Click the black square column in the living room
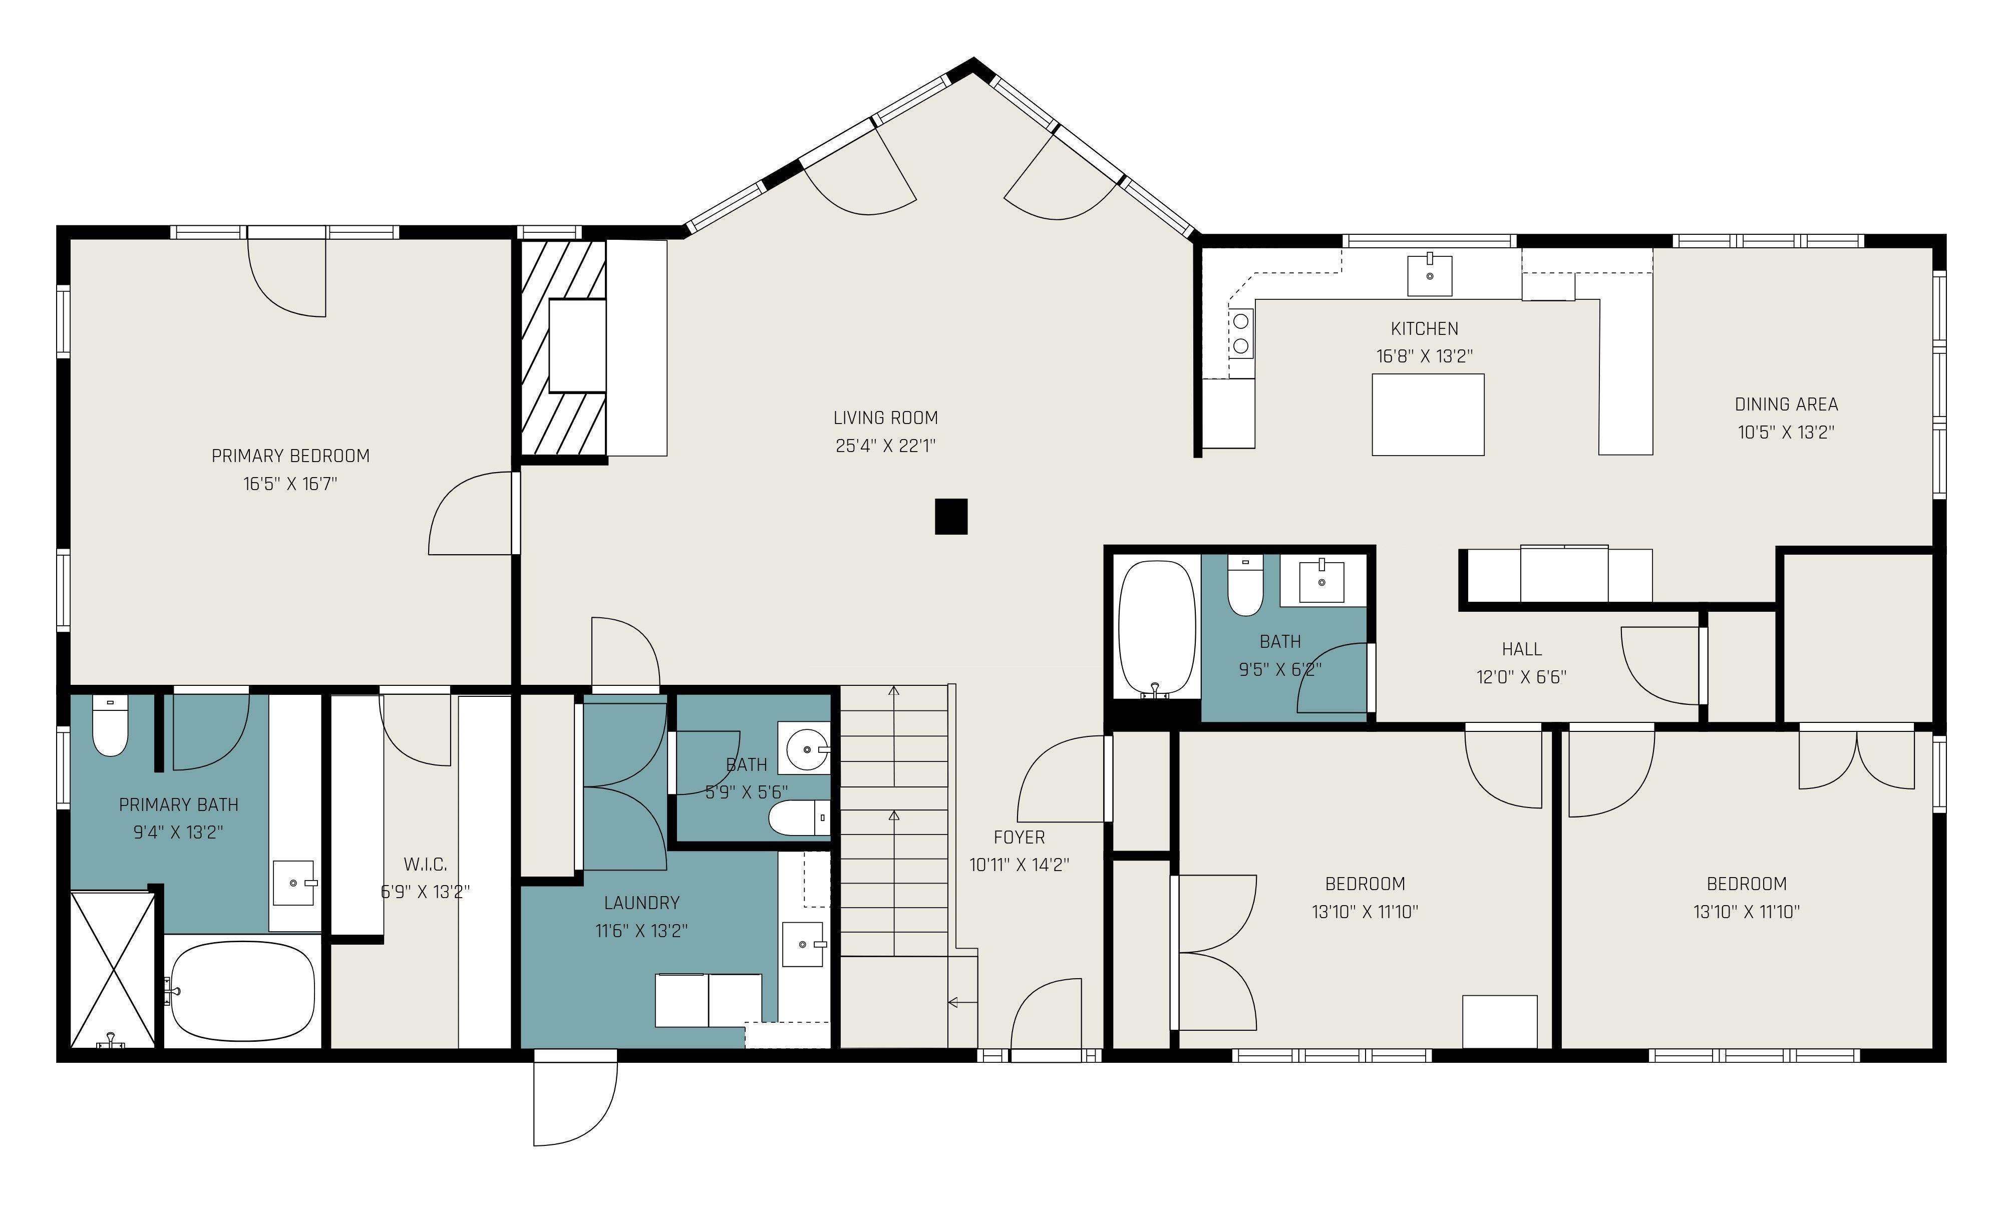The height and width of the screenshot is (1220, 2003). (x=950, y=517)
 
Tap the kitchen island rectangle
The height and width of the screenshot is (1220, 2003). (x=1428, y=415)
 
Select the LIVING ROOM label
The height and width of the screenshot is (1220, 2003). (x=885, y=418)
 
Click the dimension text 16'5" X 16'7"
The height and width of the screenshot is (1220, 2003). (x=290, y=484)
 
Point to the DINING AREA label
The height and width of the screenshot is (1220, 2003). (x=1786, y=404)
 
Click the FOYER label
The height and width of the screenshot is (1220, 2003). (x=1019, y=837)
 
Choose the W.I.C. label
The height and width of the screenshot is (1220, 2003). (x=425, y=864)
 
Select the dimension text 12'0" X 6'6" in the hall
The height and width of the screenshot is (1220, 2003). (x=1521, y=676)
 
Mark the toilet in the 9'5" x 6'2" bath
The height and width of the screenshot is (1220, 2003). (x=1244, y=586)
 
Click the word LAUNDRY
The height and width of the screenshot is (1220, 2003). (x=641, y=902)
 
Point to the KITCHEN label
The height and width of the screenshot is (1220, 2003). (x=1424, y=328)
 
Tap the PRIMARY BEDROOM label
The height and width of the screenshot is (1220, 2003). (x=290, y=456)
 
